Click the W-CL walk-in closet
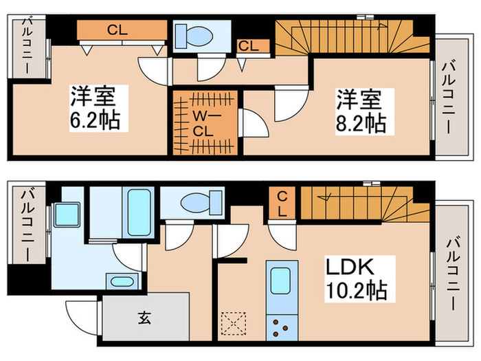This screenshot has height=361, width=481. pos(205,122)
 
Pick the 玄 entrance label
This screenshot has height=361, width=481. pos(145,318)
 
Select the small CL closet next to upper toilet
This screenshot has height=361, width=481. pos(249,46)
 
